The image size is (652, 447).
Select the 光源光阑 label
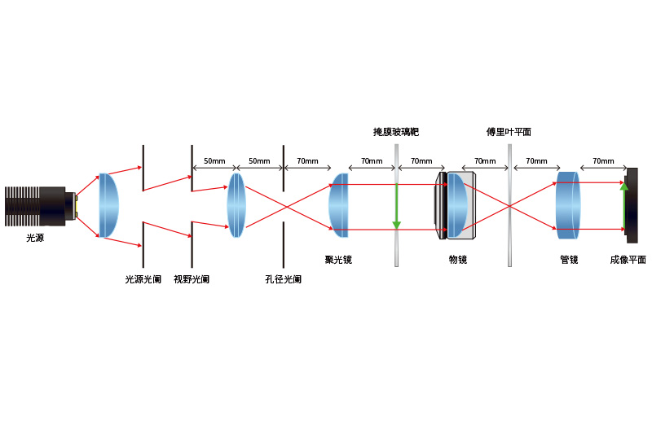point(143,279)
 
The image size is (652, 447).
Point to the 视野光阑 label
point(192,279)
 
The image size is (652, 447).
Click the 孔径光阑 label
point(283,279)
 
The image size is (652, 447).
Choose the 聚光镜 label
point(338,260)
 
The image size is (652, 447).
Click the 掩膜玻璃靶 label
point(396,132)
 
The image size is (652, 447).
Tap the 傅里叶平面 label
point(509,132)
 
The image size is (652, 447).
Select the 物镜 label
point(458,260)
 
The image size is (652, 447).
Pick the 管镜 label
point(569,260)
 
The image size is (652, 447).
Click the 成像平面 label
point(628,260)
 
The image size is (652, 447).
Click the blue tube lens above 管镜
point(568,205)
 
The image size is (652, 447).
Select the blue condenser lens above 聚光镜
point(339,205)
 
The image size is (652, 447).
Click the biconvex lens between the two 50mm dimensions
point(236,205)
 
